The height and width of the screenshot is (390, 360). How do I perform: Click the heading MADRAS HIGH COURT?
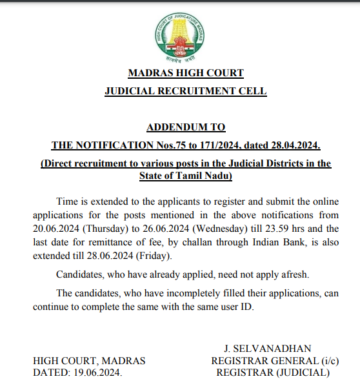[185, 73]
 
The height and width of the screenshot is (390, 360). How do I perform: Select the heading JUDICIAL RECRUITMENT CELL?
[185, 92]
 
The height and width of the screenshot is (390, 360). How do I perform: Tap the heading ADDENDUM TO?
[186, 127]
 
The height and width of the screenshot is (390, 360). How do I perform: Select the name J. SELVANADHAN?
[267, 348]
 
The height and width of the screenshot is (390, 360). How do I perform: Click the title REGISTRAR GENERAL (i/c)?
[274, 360]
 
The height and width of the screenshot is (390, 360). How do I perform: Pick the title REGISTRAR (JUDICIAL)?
[272, 373]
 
